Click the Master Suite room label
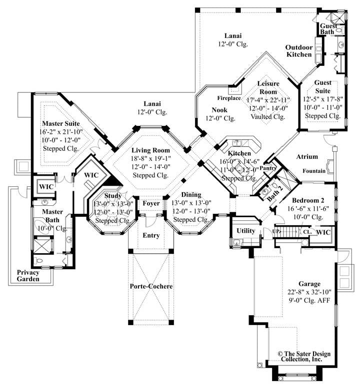(x=62, y=123)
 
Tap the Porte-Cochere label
(x=150, y=286)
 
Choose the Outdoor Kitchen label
(x=299, y=51)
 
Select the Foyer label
(x=151, y=203)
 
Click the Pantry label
(x=268, y=168)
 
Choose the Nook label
(x=219, y=110)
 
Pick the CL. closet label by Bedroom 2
(x=307, y=232)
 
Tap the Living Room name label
(x=150, y=150)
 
